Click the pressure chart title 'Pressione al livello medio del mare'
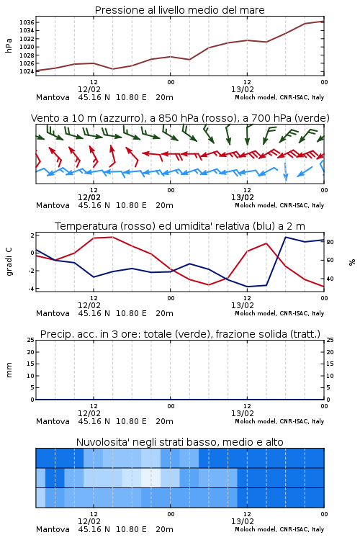pos(179,10)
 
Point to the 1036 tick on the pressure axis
pos(27,22)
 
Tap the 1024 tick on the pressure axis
pos(27,71)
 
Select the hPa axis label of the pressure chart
pos(9,45)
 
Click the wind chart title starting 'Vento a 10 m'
pos(180,118)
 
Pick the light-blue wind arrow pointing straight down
pos(285,171)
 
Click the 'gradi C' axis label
pos(9,262)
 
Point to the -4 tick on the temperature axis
pos(31,289)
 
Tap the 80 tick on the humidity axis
pos(330,242)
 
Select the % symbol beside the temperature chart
pos(352,262)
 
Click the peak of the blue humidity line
pos(285,237)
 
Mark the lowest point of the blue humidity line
pos(247,287)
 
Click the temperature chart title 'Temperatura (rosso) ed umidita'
pos(180,226)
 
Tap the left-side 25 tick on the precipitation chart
pos(31,340)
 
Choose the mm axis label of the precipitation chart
pos(9,369)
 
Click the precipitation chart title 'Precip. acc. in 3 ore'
pos(180,334)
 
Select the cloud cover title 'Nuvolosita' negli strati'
pos(180,442)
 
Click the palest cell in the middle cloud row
pos(150,477)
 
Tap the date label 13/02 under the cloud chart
pos(243,521)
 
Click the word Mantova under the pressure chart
pos(53,97)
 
